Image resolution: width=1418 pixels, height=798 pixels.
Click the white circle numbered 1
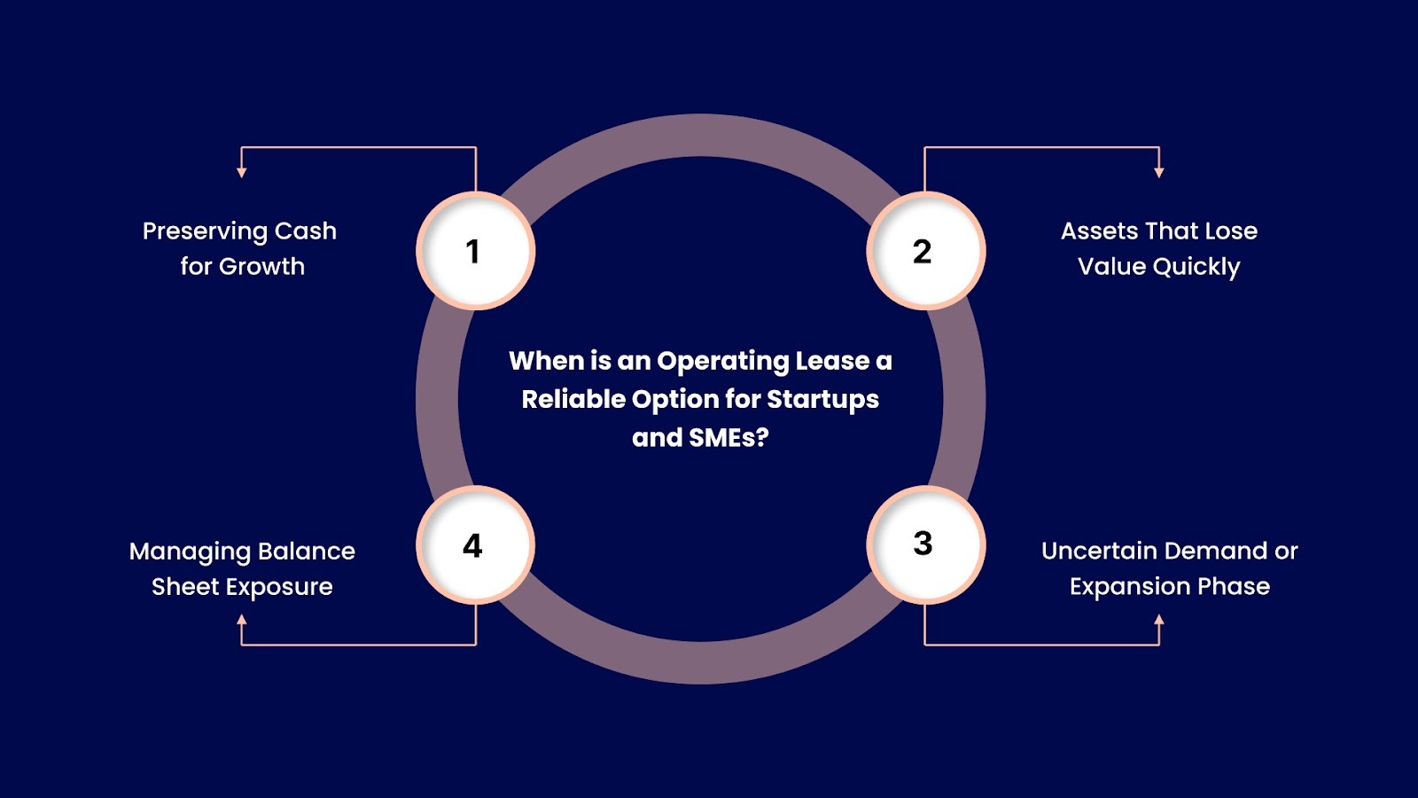[x=475, y=251]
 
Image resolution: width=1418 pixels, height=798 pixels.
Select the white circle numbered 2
[x=925, y=251]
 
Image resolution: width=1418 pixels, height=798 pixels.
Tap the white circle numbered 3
[x=925, y=544]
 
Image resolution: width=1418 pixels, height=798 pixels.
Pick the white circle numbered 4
[x=475, y=544]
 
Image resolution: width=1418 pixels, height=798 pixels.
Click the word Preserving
[x=205, y=231]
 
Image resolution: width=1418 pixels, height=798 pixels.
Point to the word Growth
[x=261, y=267]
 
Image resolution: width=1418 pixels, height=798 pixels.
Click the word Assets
[x=1099, y=231]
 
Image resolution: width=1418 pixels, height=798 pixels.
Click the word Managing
[x=191, y=552]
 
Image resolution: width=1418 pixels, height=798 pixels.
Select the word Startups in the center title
[x=822, y=400]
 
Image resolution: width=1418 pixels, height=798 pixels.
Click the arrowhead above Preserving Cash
[x=242, y=172]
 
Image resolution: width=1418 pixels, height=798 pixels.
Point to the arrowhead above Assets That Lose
[x=1159, y=172]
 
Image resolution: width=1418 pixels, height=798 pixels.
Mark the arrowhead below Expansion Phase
[x=1159, y=620]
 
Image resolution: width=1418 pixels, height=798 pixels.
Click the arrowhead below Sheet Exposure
[x=242, y=621]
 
